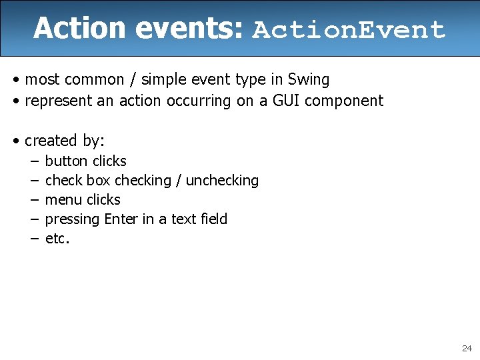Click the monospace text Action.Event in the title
(x=349, y=29)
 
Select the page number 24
(x=466, y=349)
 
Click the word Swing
(x=309, y=80)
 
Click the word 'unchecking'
(x=222, y=181)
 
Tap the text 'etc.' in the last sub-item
(x=57, y=239)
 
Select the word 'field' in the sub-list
(x=213, y=219)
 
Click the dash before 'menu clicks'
(x=33, y=200)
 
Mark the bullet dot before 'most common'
(x=15, y=81)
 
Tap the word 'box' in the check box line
(x=99, y=181)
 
